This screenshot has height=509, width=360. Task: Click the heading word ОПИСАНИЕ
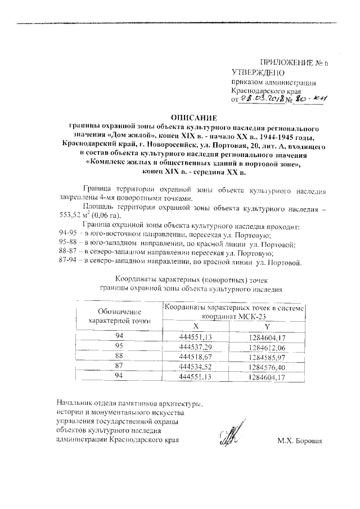193,118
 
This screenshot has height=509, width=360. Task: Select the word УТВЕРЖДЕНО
258,73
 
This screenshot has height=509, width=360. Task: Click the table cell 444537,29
195,346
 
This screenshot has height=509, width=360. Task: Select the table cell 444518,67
195,357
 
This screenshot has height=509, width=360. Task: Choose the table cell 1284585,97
267,357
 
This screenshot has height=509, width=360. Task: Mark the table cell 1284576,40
267,367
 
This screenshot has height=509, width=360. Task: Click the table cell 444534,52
195,367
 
